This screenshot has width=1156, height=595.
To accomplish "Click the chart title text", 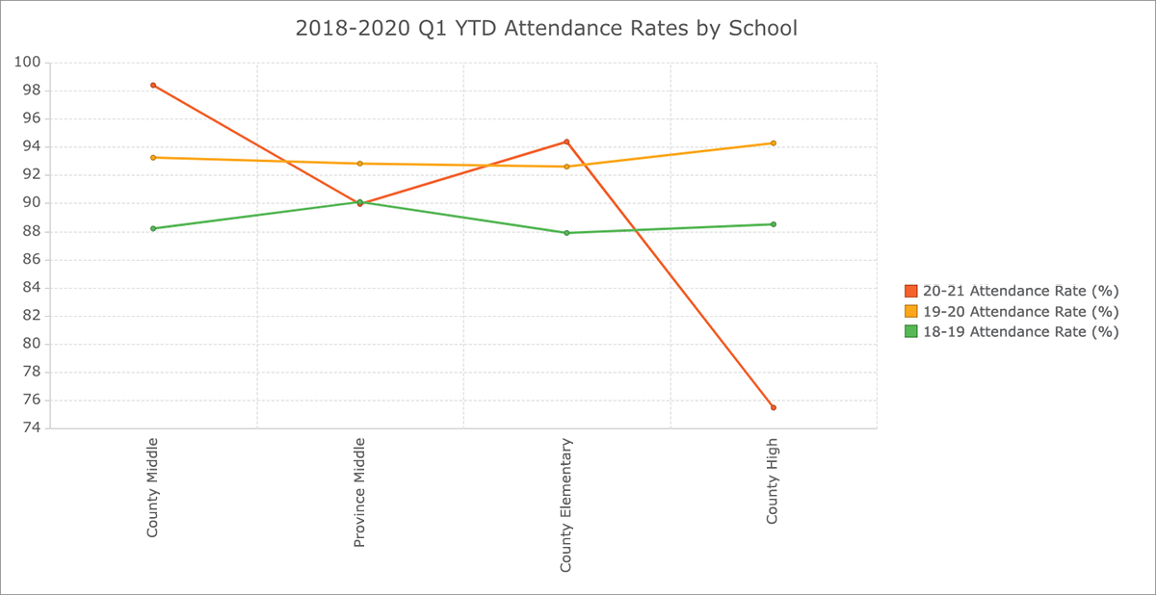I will tap(546, 29).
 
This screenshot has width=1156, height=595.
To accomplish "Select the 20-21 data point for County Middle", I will tap(153, 86).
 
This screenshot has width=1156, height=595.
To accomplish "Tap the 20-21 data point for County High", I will tap(773, 407).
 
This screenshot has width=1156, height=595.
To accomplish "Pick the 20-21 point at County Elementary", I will tap(566, 142).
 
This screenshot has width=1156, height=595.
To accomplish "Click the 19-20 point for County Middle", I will tap(153, 157).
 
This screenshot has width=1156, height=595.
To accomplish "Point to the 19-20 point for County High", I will tap(773, 143).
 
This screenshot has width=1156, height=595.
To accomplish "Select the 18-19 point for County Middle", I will tap(153, 228).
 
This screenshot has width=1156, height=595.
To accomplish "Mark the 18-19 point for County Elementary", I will tap(566, 233).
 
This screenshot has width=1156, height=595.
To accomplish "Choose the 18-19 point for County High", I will tap(773, 224).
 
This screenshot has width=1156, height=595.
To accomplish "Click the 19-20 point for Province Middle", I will tap(360, 164).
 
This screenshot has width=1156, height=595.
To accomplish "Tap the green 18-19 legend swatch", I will tap(910, 331).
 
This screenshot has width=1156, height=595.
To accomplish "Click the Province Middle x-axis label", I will tap(360, 492).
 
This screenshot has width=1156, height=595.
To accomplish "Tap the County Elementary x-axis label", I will tap(566, 505).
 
